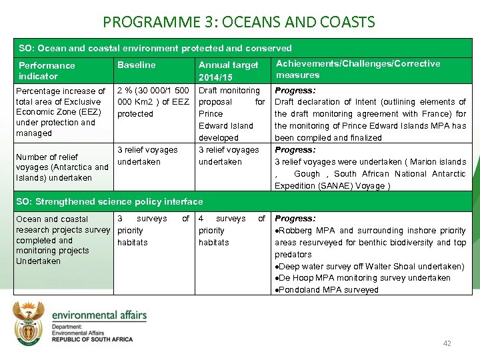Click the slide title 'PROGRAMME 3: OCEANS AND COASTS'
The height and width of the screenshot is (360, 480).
coord(239,22)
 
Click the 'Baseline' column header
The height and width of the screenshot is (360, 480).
coord(136,65)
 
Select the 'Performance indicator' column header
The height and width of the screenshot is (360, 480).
coord(47,71)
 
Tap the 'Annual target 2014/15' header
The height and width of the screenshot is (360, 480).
coord(228,71)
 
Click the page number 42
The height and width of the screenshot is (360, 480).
coord(447,343)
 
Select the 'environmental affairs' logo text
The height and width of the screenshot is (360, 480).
coord(99,315)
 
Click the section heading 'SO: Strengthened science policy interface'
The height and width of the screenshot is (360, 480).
coord(111,201)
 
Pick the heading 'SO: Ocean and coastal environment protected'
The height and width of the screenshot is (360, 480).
coord(155,48)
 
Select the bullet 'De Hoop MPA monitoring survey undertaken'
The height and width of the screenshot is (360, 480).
coord(364,278)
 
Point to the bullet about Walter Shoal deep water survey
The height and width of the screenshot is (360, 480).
coord(370,266)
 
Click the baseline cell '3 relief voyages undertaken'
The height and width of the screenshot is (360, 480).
coord(147,156)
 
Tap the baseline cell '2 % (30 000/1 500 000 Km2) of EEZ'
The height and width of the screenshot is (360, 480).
coord(153,102)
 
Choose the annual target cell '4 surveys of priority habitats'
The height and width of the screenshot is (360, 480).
coord(231,230)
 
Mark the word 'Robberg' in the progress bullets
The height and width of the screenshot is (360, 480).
coord(297,231)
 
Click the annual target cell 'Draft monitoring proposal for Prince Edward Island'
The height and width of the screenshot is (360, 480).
coord(231,114)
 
